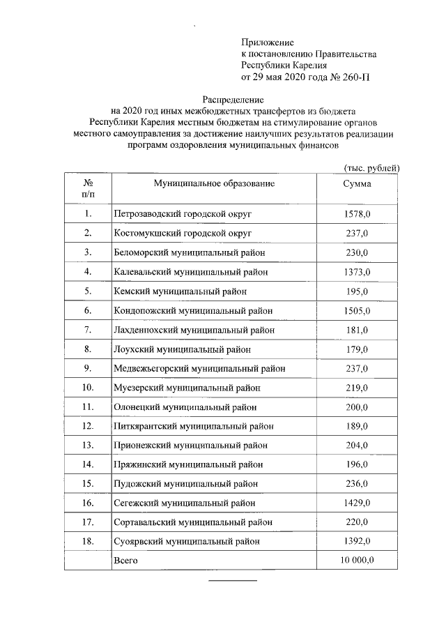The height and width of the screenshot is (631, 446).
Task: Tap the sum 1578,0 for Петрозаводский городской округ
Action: coord(357,213)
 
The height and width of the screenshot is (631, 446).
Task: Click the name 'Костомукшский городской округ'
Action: coord(183,233)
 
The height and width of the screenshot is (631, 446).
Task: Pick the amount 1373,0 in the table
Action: coord(357,272)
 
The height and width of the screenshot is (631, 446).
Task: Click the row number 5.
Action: coord(88,291)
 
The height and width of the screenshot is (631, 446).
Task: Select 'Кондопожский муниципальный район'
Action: coord(193,310)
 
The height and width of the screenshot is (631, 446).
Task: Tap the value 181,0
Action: coord(357,330)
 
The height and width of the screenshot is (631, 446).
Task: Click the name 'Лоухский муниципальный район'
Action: coord(182,349)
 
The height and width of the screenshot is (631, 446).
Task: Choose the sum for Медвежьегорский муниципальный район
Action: coord(357,368)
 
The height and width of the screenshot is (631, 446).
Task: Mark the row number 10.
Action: coord(88,388)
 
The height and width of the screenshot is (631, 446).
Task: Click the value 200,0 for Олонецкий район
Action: coord(357,407)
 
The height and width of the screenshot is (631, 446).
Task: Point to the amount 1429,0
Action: coord(357,503)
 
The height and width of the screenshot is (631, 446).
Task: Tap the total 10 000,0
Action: coord(357,560)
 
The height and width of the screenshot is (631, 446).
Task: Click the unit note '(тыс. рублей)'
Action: coord(371,167)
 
